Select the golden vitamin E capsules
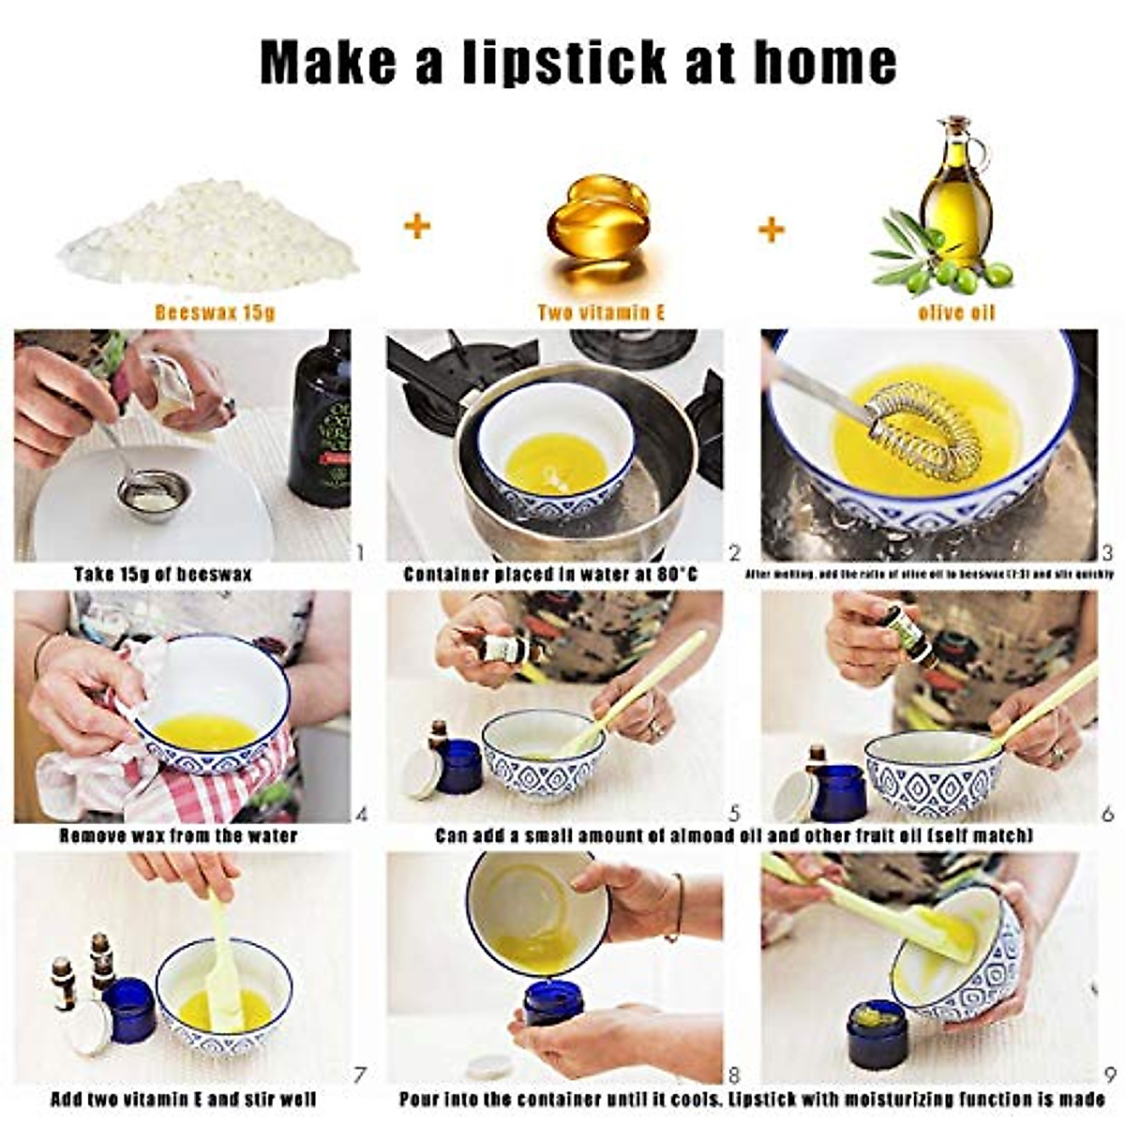coord(598,220)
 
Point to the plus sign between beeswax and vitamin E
coord(417,226)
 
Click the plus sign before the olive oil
coord(771,229)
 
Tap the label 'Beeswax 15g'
coord(215,312)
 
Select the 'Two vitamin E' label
coord(601,312)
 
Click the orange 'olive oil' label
coord(956,312)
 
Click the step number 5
coord(734,813)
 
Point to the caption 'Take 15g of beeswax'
coord(162,574)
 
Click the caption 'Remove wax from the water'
coord(178,834)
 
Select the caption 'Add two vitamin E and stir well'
coord(183,1099)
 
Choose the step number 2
coord(734,552)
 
